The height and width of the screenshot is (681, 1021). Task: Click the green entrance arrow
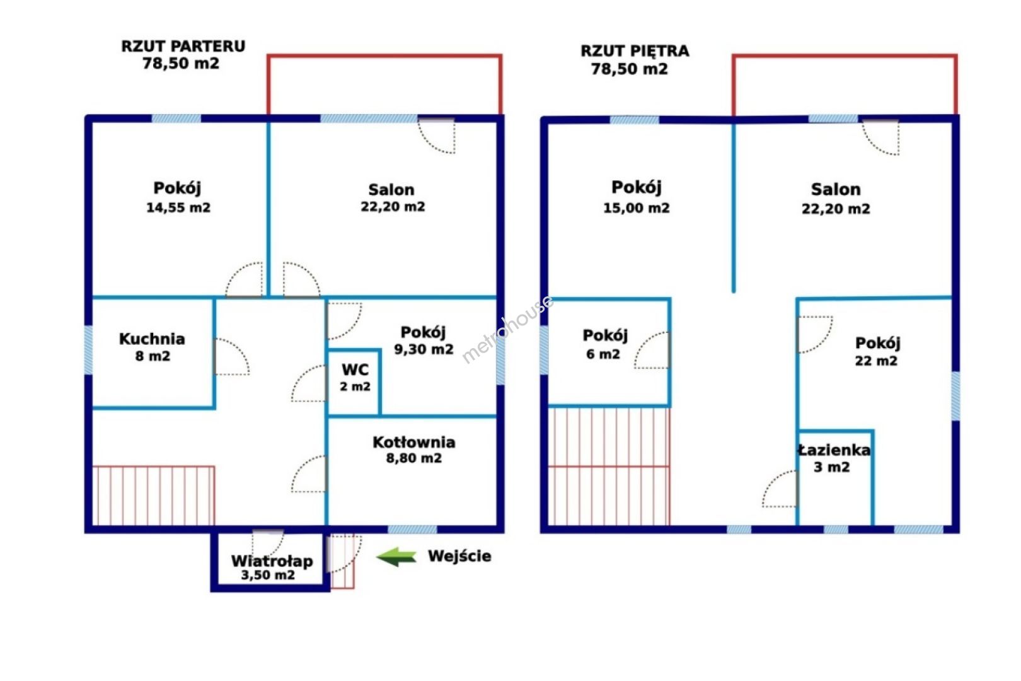pos(396,557)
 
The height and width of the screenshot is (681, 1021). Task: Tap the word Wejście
pos(459,557)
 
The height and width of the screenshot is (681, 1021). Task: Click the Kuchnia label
pos(153,339)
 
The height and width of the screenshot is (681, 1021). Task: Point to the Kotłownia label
pos(414,442)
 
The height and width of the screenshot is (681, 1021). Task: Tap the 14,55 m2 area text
pos(178,207)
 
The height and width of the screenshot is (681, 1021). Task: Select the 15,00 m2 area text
pos(637,208)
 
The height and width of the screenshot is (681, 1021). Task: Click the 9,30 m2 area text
pos(424,349)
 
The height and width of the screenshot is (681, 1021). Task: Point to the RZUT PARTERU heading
pos(183,46)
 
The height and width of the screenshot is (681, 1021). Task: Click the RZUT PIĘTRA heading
pos(635,51)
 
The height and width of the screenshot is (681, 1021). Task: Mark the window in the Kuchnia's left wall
pos(88,351)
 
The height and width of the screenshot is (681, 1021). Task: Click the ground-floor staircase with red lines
pos(153,496)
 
